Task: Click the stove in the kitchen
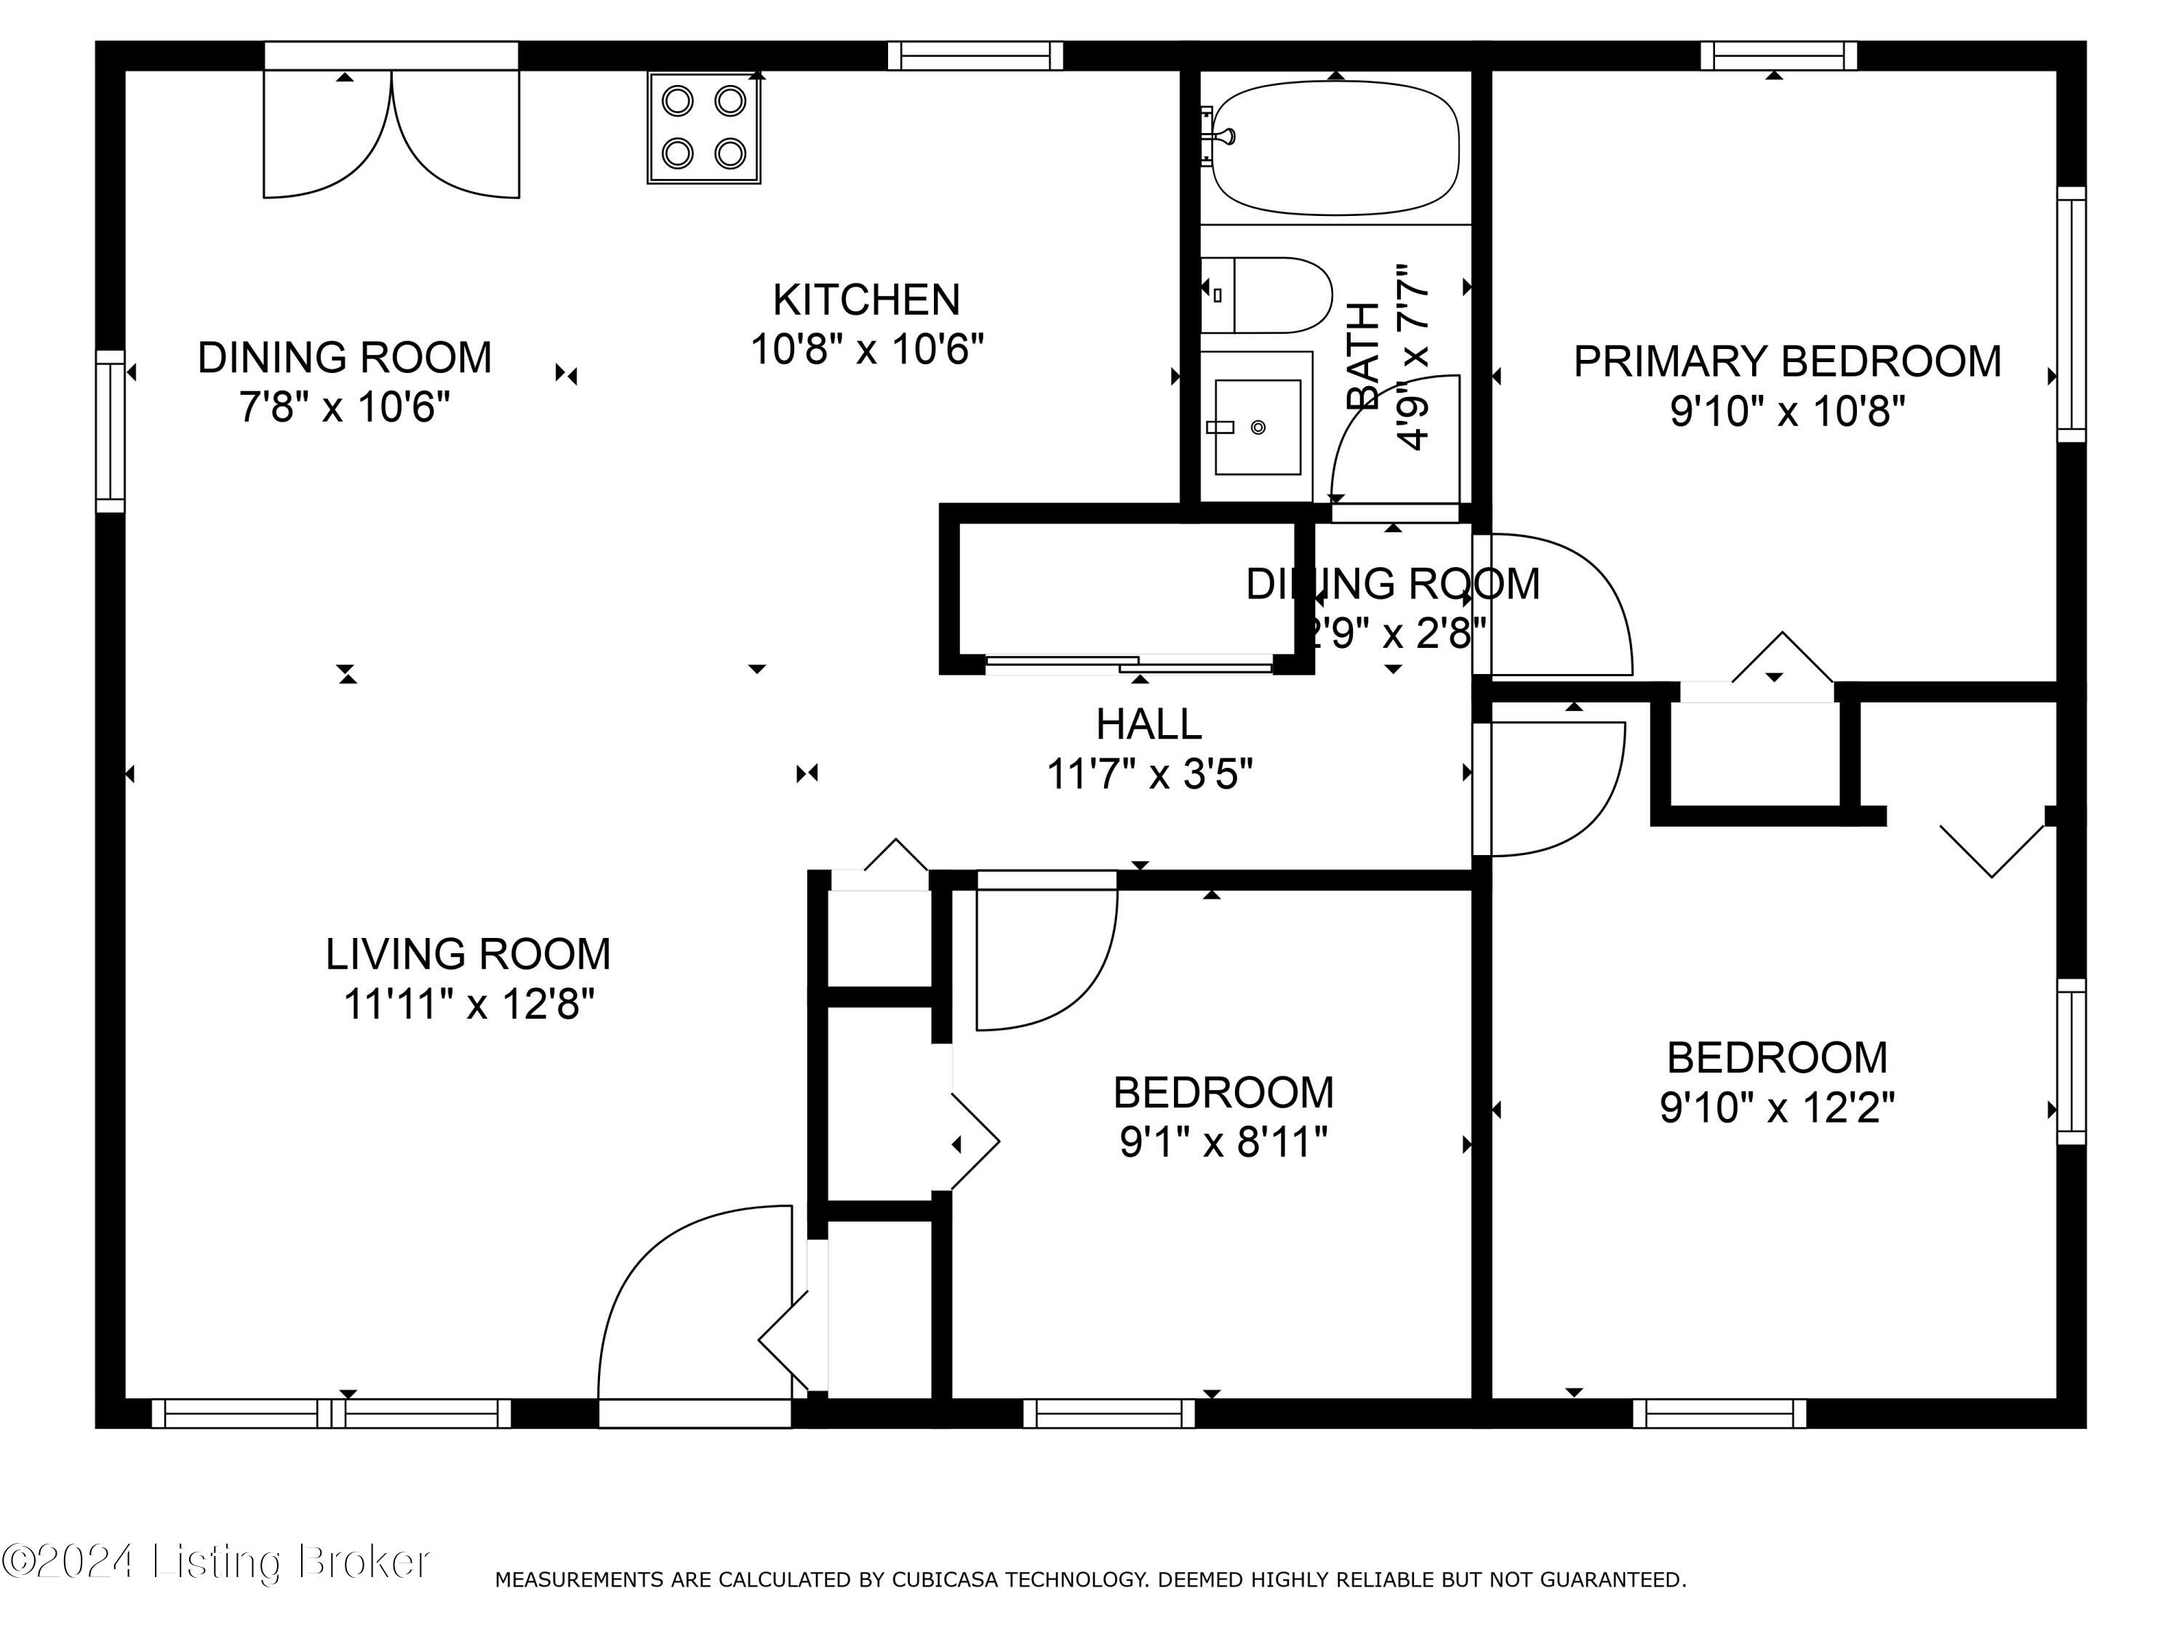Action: pos(703,127)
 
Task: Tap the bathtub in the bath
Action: pos(1335,148)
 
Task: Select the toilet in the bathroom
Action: pos(1266,295)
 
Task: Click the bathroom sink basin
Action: pos(1257,427)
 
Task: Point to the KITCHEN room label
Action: pos(866,300)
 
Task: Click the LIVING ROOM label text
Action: pos(468,953)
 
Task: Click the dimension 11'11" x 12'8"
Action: pos(468,1005)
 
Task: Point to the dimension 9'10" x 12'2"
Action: pos(1777,1107)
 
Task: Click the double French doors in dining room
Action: pos(391,133)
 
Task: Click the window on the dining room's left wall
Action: pos(111,431)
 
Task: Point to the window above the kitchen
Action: pos(975,56)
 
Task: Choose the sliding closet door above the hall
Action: pos(1129,664)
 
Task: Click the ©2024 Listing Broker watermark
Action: pos(215,1561)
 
